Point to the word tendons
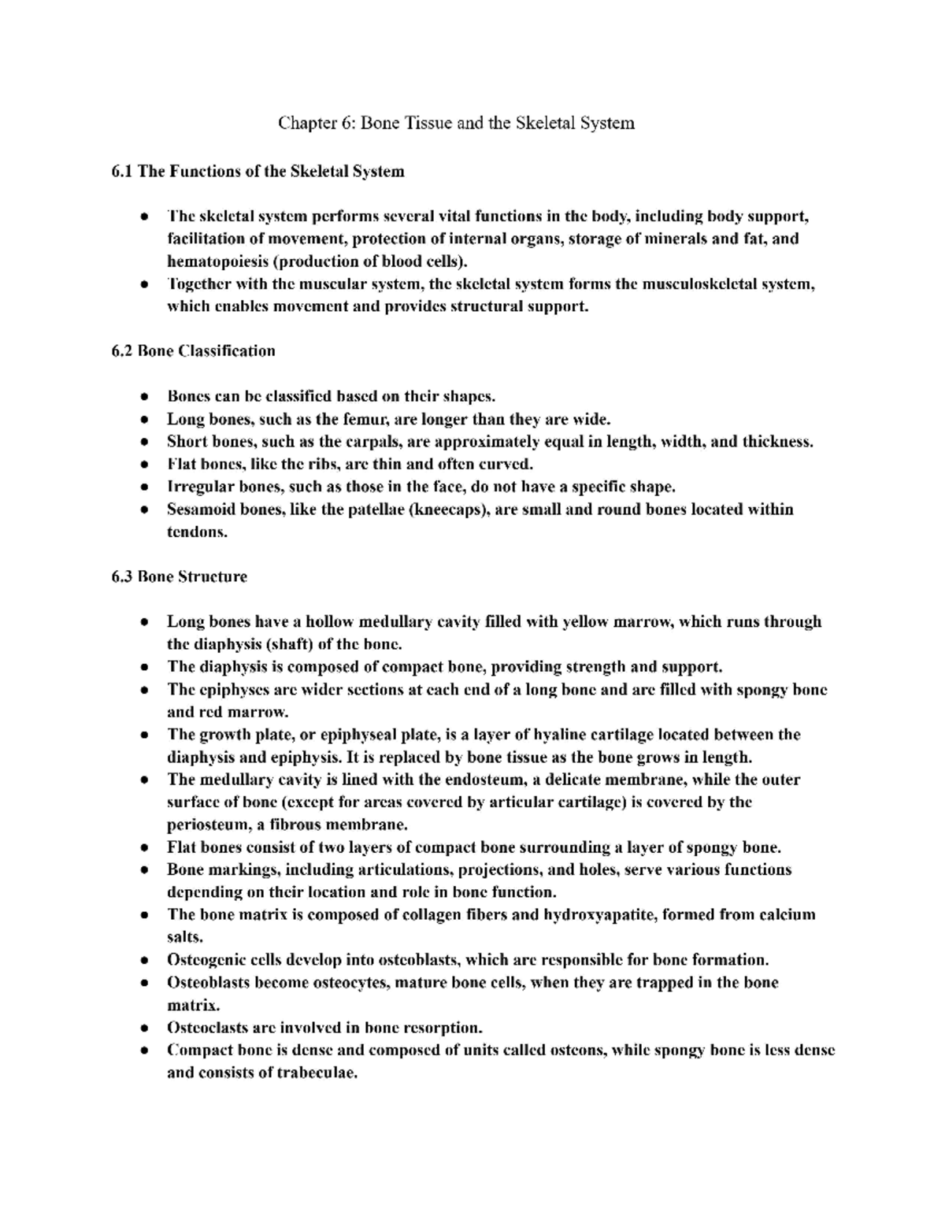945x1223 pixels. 196,532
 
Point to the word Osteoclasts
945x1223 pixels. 205,1028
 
